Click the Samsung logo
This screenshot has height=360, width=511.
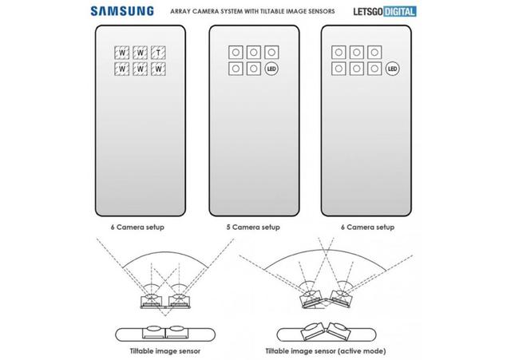[x=122, y=11]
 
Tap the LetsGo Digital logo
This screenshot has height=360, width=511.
[x=385, y=12]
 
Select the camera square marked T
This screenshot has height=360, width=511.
[x=158, y=53]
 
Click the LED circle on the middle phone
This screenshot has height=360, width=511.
[x=271, y=69]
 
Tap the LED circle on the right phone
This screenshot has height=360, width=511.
[x=392, y=69]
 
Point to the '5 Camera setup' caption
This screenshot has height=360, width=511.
[x=253, y=227]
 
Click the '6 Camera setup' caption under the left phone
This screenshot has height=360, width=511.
[x=137, y=227]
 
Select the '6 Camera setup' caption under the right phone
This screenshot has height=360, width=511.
[x=367, y=227]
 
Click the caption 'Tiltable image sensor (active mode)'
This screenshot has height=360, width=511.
[x=326, y=351]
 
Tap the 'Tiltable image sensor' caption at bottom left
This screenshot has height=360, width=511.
[x=165, y=351]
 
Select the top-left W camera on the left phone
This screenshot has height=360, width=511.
[x=122, y=53]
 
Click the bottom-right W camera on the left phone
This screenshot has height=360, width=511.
[x=158, y=69]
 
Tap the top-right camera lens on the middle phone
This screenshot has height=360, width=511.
[x=271, y=52]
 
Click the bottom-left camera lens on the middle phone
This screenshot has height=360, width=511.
[x=236, y=69]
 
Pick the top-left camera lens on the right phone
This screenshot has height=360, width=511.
[x=339, y=52]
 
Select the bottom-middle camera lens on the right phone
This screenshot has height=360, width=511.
[x=357, y=69]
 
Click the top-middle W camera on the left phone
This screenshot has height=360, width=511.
[x=141, y=53]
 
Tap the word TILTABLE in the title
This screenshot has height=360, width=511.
[x=272, y=11]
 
